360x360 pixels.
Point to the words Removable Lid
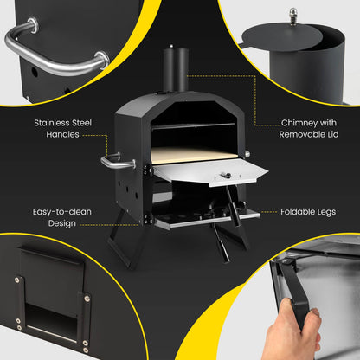click(x=308, y=136)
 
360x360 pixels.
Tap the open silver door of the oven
click(x=208, y=170)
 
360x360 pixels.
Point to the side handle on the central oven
click(x=112, y=162)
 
